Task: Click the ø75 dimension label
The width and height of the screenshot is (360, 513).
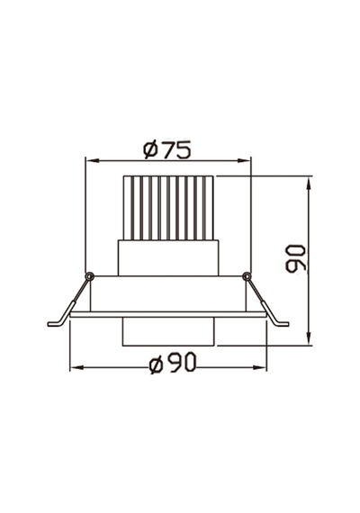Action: [166, 149]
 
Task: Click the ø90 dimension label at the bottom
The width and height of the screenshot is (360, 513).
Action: [173, 363]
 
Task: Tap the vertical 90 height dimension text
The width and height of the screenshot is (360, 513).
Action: [295, 258]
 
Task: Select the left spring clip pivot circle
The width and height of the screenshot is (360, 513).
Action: [89, 276]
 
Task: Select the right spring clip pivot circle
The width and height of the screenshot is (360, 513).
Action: [247, 276]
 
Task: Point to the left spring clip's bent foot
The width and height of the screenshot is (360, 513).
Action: [55, 323]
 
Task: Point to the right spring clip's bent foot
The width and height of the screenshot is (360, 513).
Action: [282, 323]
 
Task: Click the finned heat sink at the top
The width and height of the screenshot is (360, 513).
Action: [168, 208]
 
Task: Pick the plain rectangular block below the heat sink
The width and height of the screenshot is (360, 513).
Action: [168, 257]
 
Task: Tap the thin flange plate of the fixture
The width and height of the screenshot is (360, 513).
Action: [168, 314]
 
